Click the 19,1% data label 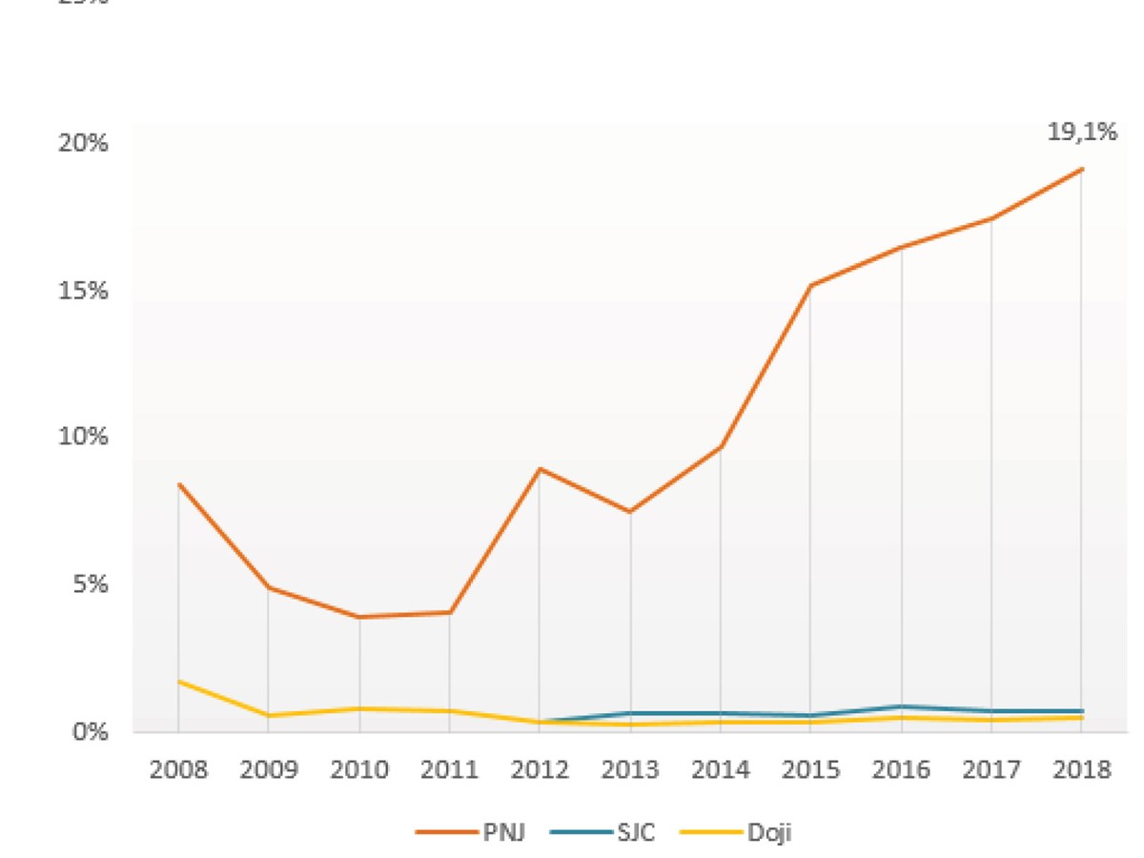point(1082,133)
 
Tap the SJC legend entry point(634,832)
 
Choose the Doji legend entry point(769,832)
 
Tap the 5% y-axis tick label point(90,584)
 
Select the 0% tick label point(90,731)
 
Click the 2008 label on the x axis point(178,769)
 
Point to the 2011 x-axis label point(450,769)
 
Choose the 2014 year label point(721,769)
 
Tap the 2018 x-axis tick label point(1082,769)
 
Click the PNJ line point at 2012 point(540,469)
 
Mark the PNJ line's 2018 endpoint point(1082,170)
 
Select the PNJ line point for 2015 point(810,285)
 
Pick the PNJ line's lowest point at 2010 point(359,617)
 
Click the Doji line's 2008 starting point point(178,682)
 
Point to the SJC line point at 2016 point(901,706)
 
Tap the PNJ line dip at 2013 point(630,512)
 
